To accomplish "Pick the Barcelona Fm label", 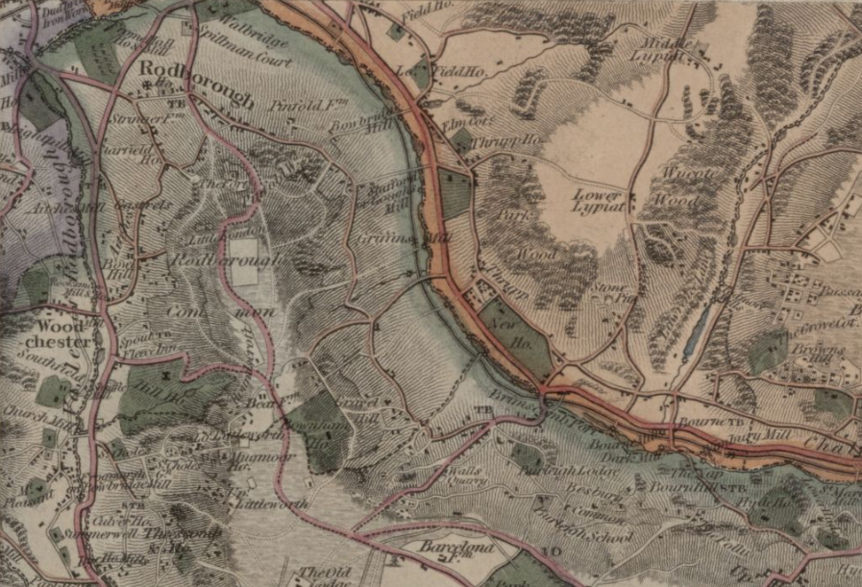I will coord(456,548).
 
